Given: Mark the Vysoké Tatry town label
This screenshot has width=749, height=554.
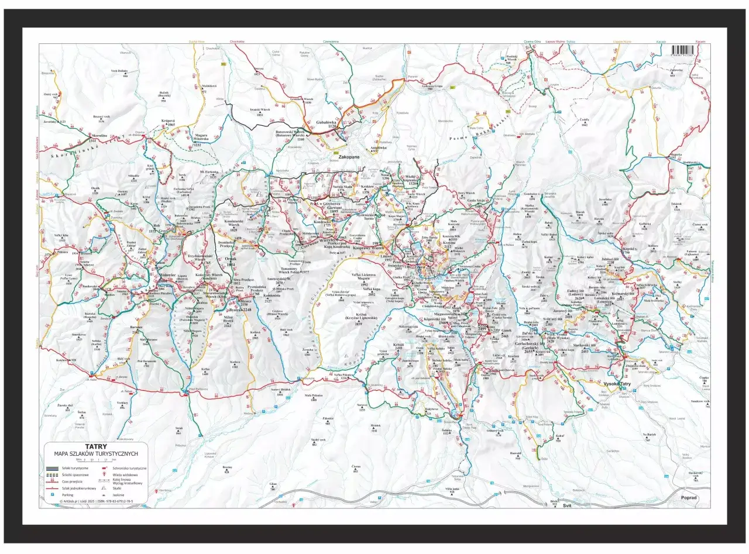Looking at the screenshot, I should click(620, 383).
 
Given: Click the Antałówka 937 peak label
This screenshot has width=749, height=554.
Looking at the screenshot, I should click(379, 149).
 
